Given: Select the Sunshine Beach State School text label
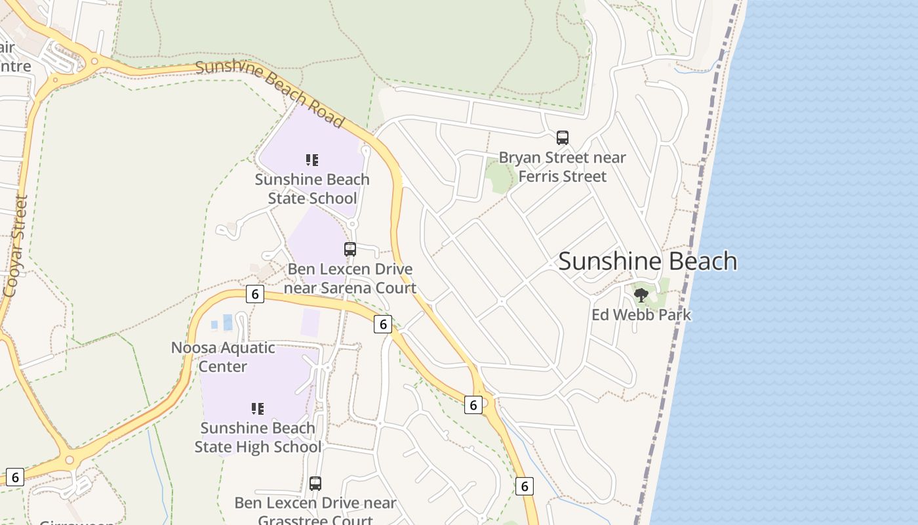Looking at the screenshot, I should pos(312,189).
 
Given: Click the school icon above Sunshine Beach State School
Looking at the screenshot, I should pos(312,159).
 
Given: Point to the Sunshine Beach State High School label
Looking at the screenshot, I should pos(258,438).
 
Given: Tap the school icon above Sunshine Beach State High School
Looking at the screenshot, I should pos(258,409).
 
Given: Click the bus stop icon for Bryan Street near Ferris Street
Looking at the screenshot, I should pos(563,138).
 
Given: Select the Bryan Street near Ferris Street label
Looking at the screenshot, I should pos(562,167).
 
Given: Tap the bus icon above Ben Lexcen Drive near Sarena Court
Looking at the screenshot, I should pos(350,249).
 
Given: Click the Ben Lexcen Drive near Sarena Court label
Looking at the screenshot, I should pos(350,278).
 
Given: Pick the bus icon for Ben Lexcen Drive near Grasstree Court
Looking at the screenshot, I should pos(315,484).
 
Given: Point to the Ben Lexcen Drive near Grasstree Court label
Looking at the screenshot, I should pos(315,511).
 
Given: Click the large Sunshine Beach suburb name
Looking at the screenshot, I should pos(647,261).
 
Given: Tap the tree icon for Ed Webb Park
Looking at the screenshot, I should pos(641,295).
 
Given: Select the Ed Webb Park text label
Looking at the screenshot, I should pos(641,315).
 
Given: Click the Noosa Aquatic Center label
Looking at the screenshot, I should pos(223,357).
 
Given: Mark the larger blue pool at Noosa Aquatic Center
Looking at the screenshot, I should pos(228,322).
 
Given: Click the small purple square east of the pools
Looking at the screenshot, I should pos(311,322).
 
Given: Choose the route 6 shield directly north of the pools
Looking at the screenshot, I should pos(255,293).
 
